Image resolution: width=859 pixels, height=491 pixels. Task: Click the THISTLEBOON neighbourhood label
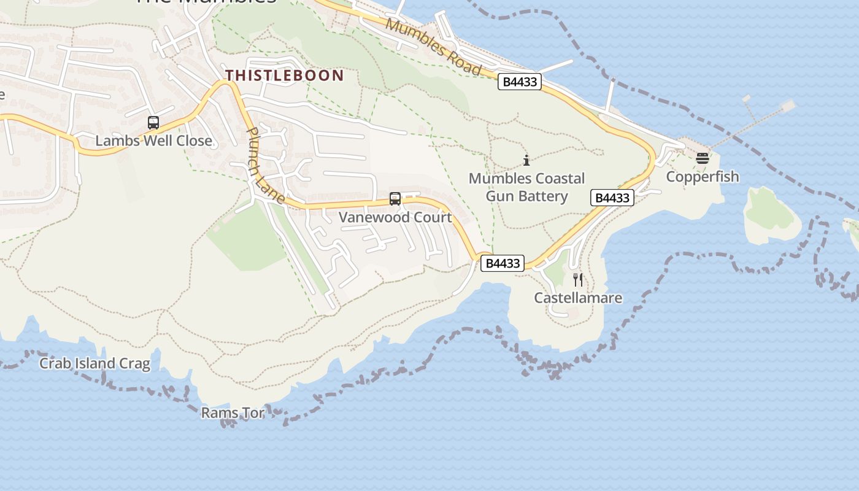pyautogui.click(x=284, y=75)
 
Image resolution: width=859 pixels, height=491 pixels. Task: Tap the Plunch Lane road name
pyautogui.click(x=265, y=165)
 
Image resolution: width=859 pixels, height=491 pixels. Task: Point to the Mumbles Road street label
pyautogui.click(x=433, y=47)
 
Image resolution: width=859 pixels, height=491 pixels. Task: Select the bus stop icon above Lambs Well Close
pyautogui.click(x=153, y=123)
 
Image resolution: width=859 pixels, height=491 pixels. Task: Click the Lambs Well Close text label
pyautogui.click(x=153, y=141)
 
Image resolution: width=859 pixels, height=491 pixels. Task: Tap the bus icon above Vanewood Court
pyautogui.click(x=395, y=199)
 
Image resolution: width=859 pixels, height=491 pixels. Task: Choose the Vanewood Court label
pyautogui.click(x=395, y=217)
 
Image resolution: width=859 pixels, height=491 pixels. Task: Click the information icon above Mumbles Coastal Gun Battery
pyautogui.click(x=526, y=161)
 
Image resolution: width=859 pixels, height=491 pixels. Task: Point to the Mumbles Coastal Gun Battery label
pyautogui.click(x=526, y=187)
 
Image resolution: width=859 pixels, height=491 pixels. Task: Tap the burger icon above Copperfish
pyautogui.click(x=703, y=158)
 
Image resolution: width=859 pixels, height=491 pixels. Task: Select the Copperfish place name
pyautogui.click(x=703, y=177)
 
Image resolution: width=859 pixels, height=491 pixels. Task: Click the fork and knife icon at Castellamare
pyautogui.click(x=577, y=280)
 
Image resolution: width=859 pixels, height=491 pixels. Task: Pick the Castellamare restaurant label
pyautogui.click(x=578, y=298)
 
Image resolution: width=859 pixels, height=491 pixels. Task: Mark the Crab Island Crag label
pyautogui.click(x=94, y=363)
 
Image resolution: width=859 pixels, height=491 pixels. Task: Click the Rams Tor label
pyautogui.click(x=233, y=413)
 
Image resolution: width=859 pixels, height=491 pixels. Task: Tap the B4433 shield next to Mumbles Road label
pyautogui.click(x=519, y=82)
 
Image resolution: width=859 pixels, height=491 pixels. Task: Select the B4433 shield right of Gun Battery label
pyautogui.click(x=612, y=198)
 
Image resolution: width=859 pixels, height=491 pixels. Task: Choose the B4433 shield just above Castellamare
pyautogui.click(x=503, y=263)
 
